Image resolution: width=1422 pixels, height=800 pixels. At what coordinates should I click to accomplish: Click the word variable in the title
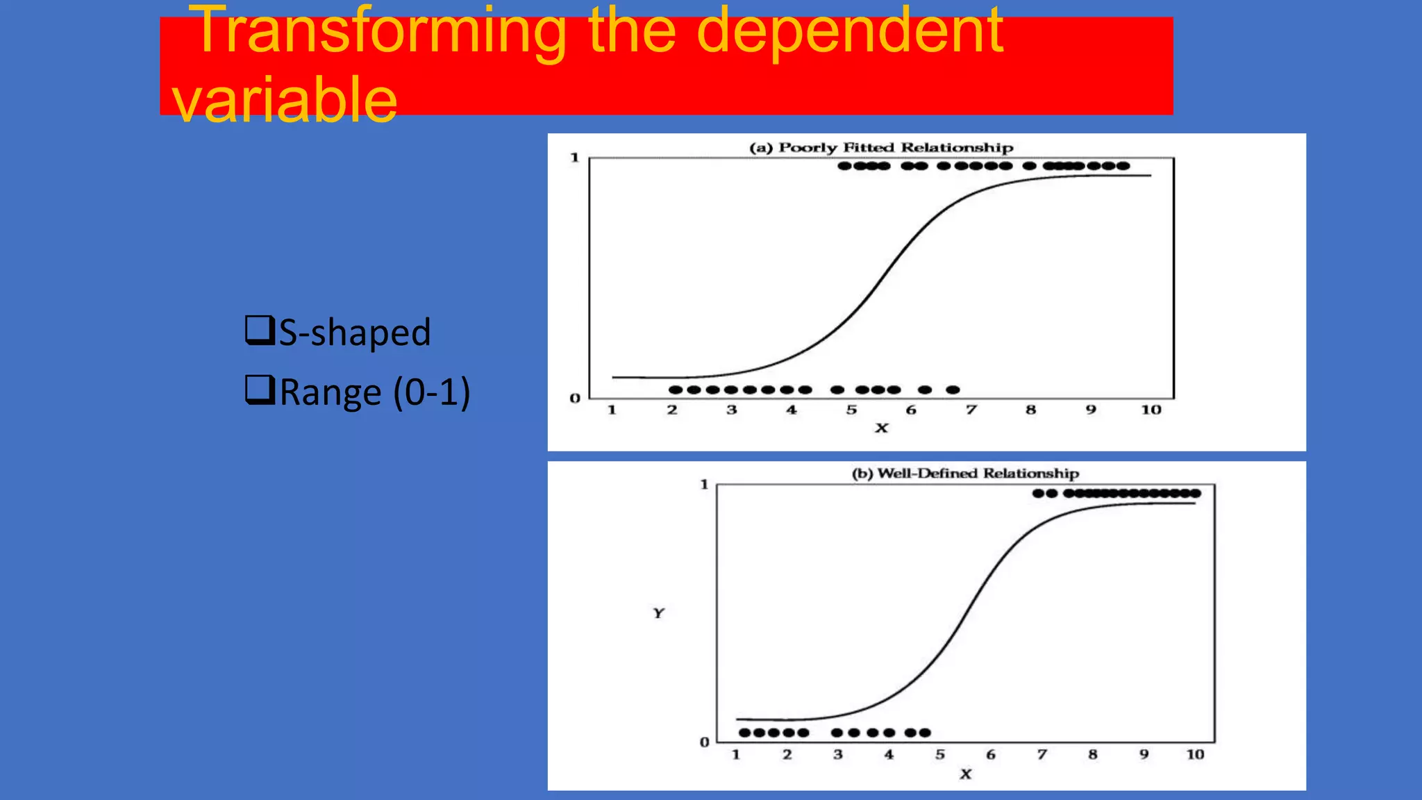pos(285,99)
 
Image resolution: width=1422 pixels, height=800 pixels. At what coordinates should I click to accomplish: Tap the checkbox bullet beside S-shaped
pos(259,330)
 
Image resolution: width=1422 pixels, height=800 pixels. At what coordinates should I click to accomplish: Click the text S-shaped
pos(355,332)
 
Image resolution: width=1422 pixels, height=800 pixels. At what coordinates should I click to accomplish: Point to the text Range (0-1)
pos(375,392)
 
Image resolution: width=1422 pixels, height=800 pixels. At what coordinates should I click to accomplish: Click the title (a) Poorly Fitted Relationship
pos(881,147)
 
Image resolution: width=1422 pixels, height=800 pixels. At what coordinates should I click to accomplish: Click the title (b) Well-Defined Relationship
pos(965,474)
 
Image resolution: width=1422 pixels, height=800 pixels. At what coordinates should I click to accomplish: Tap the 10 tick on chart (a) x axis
pos(1151,410)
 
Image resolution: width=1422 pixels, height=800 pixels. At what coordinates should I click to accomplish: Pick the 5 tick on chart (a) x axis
pos(851,410)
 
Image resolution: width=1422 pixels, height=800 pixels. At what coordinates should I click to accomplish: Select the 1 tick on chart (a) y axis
pos(574,158)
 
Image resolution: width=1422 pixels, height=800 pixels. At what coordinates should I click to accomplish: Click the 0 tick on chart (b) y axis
pos(704,742)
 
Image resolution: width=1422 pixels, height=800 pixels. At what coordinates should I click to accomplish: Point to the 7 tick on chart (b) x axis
pos(1042,754)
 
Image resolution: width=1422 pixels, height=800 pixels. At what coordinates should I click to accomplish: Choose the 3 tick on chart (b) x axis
pos(838,754)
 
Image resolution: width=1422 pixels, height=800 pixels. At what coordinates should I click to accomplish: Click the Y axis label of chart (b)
pos(658,613)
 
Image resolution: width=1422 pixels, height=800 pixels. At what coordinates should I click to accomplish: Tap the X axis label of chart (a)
pos(881,428)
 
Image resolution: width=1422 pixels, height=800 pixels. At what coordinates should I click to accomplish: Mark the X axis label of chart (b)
pos(965,774)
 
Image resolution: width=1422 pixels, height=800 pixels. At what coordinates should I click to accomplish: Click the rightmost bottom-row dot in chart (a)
pos(953,390)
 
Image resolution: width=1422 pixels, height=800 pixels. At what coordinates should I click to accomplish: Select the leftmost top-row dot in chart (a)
pos(844,166)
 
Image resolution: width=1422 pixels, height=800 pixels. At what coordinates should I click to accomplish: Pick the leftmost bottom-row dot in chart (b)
pos(745,733)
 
